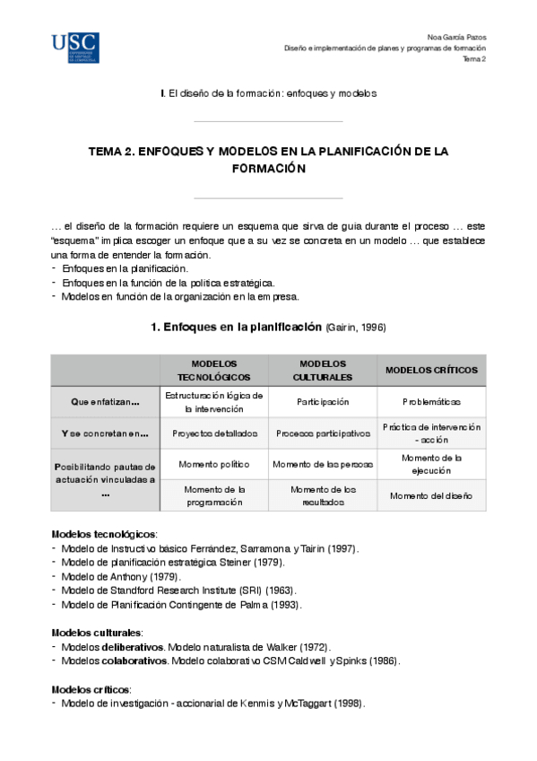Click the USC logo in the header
coord(75,48)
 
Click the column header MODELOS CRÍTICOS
coord(431,371)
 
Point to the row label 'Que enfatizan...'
coord(106,403)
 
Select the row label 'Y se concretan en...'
coord(106,433)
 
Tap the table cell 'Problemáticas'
coord(431,403)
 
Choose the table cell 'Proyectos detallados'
coord(214,433)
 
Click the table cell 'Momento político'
coord(214,464)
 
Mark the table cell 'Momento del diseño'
coord(431,495)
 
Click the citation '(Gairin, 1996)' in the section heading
coord(356,328)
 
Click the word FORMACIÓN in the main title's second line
coord(268,168)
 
